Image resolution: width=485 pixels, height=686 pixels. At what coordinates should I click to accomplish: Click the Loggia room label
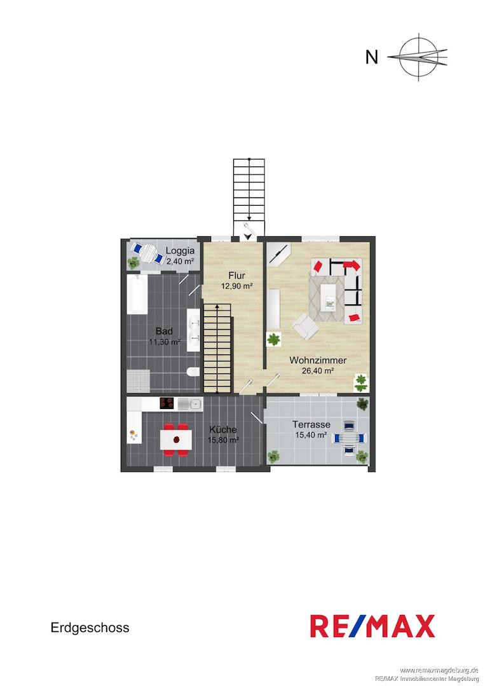click(180, 251)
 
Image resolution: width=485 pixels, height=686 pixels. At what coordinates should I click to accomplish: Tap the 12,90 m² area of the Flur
click(236, 286)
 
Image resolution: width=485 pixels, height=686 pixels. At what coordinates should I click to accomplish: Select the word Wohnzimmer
click(318, 361)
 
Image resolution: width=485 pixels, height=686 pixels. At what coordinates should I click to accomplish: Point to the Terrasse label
click(311, 424)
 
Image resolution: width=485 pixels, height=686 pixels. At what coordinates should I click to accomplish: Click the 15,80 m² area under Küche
click(223, 440)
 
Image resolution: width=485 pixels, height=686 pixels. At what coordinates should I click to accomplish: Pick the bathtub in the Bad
click(137, 295)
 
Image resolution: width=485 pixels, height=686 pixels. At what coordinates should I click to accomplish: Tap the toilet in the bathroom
click(193, 372)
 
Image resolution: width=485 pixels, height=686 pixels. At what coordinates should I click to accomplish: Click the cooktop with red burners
click(167, 403)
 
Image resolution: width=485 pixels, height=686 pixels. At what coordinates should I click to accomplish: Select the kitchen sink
click(190, 403)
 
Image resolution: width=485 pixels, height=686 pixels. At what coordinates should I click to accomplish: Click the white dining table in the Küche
click(176, 440)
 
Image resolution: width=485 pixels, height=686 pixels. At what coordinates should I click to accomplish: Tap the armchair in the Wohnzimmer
click(306, 326)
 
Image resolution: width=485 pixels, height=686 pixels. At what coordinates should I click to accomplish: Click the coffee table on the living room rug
click(331, 297)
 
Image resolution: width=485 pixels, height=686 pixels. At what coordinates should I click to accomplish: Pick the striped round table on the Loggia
click(148, 252)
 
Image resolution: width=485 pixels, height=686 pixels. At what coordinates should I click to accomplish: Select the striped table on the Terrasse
click(349, 438)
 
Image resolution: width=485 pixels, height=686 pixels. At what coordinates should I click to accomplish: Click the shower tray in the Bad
click(139, 381)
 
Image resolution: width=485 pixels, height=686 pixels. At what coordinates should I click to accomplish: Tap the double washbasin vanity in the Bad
click(193, 330)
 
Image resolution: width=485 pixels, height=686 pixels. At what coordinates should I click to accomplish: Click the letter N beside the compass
click(372, 57)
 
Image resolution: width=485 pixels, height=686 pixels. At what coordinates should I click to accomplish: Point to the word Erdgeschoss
click(90, 628)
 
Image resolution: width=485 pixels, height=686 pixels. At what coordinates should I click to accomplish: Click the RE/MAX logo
click(372, 626)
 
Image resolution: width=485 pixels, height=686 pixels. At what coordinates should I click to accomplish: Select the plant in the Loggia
click(133, 262)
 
